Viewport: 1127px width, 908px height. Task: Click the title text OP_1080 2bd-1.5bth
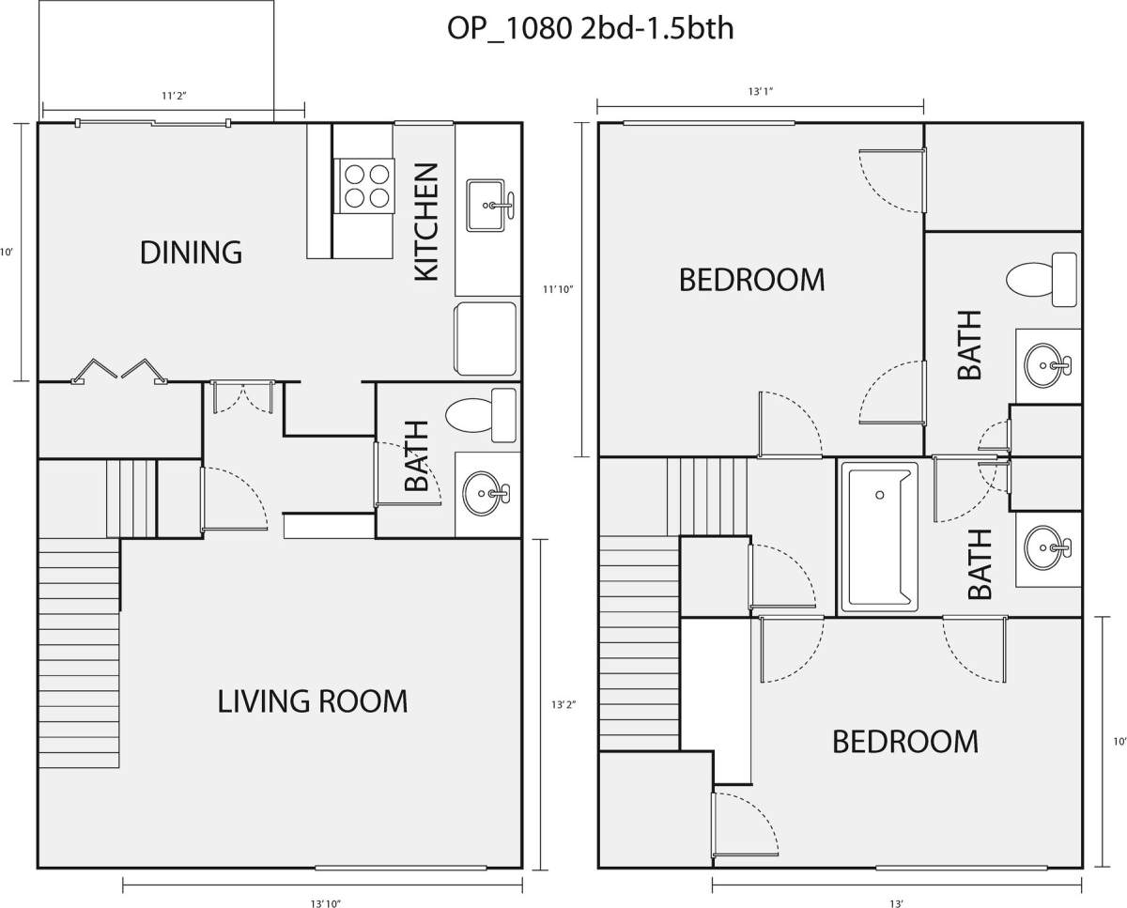(x=590, y=28)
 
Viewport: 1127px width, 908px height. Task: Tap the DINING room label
(x=192, y=253)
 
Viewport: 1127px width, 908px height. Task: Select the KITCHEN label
(x=426, y=222)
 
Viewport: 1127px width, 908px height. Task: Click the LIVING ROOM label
(x=312, y=701)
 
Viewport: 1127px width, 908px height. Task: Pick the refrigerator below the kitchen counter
(x=486, y=338)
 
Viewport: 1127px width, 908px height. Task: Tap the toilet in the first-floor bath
(x=481, y=415)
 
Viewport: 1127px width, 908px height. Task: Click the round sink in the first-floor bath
(x=486, y=493)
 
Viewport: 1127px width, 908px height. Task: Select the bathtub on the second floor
(x=879, y=537)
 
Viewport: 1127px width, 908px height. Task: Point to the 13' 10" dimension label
(x=325, y=903)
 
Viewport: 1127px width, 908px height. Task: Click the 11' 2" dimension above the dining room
(x=174, y=96)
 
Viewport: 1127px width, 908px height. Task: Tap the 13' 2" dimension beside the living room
(x=563, y=704)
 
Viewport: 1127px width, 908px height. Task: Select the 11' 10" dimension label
(x=558, y=289)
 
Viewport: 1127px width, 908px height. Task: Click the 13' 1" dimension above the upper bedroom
(x=761, y=92)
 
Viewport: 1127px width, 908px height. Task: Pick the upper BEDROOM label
(x=751, y=280)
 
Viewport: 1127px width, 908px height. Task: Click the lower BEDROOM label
(x=905, y=742)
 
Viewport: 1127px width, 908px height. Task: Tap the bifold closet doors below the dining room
(x=119, y=371)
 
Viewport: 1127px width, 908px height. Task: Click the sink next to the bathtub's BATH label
(x=1047, y=547)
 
